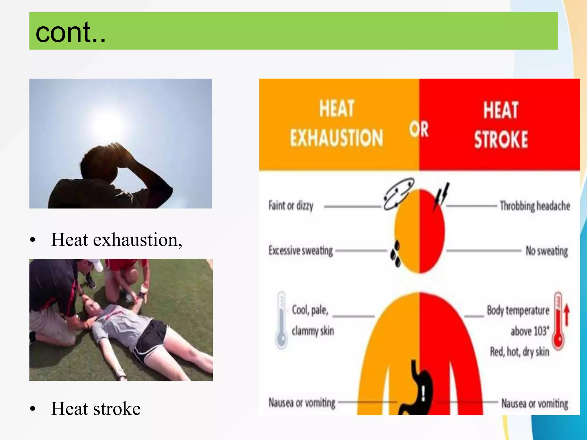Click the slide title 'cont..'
pos(71,32)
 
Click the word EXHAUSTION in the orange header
pos(336,138)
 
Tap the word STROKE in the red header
pos(501,140)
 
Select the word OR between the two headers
pos(419,129)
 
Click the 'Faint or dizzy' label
pos(291,206)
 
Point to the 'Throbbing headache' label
pos(535,206)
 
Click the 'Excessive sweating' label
pos(300,251)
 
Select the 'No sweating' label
pos(546,251)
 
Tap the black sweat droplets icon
pos(396,254)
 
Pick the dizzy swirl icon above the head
pos(398,194)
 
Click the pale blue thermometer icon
pos(281,320)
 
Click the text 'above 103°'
pos(530,331)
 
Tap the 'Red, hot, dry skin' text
pos(519,351)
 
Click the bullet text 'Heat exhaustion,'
pos(116,240)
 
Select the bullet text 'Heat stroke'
pos(96,408)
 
